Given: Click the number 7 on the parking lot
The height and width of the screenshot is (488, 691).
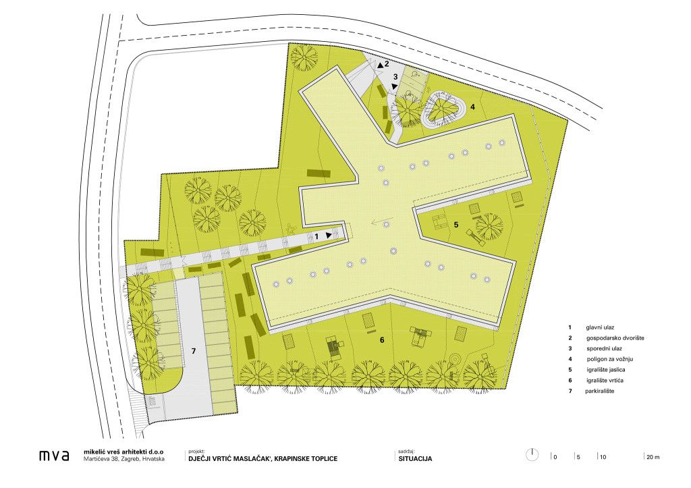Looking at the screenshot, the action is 193,351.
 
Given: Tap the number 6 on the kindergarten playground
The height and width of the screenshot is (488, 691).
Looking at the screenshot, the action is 382,340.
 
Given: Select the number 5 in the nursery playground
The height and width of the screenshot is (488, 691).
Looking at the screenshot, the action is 456,225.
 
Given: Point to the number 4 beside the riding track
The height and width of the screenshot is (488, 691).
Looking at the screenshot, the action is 472,107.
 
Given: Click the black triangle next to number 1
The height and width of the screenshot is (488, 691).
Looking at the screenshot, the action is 329,236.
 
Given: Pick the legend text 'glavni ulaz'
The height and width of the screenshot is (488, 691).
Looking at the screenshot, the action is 600,327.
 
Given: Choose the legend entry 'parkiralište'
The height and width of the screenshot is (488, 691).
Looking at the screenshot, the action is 600,391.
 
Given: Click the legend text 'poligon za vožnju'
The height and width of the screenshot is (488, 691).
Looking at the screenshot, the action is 610,359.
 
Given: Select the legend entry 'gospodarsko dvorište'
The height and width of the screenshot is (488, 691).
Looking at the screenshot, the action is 615,338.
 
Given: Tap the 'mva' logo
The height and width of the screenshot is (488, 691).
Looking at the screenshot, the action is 54,456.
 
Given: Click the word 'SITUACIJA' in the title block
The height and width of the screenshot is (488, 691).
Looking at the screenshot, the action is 415,458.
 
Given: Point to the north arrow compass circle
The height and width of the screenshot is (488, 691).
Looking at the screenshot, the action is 532,455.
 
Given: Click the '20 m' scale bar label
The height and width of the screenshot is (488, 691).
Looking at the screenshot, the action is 653,457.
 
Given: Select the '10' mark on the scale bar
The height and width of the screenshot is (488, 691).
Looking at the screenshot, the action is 603,457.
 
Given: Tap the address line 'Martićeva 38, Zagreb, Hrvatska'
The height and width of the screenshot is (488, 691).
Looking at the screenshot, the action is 124,459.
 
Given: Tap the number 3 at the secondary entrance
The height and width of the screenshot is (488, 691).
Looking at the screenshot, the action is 395,77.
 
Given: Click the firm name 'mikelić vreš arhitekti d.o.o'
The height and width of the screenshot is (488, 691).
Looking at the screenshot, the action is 123,452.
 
